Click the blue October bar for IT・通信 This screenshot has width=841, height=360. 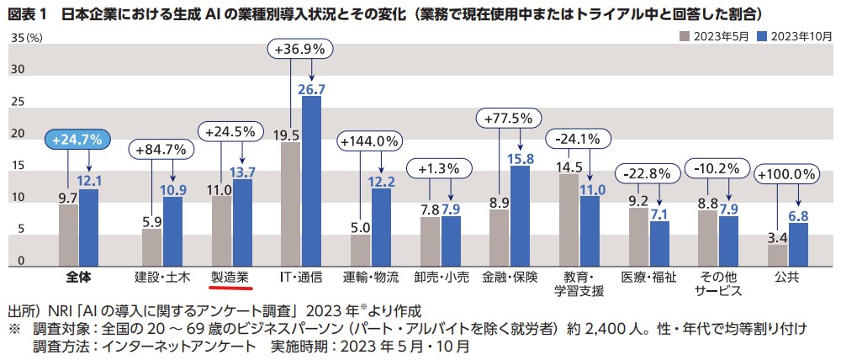pyautogui.click(x=311, y=180)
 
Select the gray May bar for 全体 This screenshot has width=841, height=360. pyautogui.click(x=68, y=234)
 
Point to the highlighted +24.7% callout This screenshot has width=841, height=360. pyautogui.click(x=76, y=140)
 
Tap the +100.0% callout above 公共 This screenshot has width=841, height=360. pyautogui.click(x=786, y=174)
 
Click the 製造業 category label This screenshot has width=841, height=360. pyautogui.click(x=230, y=276)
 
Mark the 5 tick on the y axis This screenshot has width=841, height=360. pyautogui.click(x=21, y=230)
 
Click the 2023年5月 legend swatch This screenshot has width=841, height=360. pyautogui.click(x=685, y=36)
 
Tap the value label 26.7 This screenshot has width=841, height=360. pyautogui.click(x=312, y=88)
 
